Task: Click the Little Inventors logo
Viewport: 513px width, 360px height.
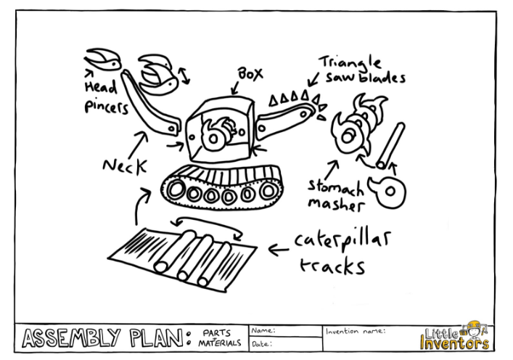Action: pos(454,335)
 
